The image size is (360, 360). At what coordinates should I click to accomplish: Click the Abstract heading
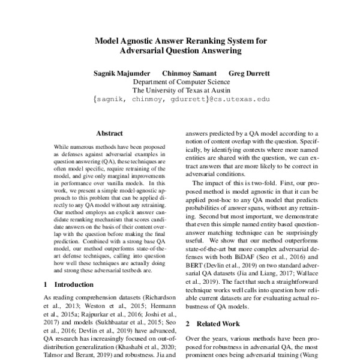[109, 133]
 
